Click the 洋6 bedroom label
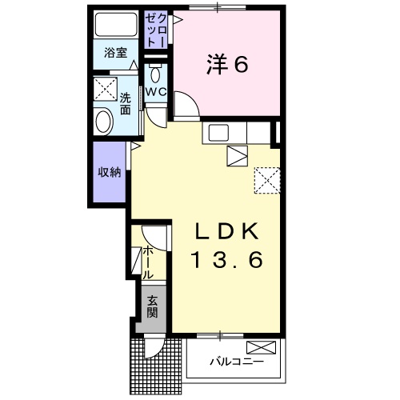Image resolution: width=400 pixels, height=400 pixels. click(227, 64)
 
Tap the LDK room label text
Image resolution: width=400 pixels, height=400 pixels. click(227, 231)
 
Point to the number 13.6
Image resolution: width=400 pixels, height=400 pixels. click(227, 260)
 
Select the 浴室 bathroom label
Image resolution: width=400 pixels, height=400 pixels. click(115, 53)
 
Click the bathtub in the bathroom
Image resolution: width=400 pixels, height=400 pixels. click(116, 24)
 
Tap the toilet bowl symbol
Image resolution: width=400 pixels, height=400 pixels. click(155, 74)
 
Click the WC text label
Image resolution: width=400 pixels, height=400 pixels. click(156, 92)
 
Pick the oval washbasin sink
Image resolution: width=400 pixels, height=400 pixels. click(103, 122)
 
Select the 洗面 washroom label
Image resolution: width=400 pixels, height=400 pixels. click(125, 104)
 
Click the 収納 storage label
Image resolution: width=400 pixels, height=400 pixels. click(110, 172)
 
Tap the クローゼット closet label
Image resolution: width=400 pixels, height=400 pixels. click(157, 30)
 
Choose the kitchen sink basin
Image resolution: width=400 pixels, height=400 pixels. click(218, 133)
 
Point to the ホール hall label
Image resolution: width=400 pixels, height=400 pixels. click(148, 262)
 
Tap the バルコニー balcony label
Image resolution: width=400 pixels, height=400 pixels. click(237, 362)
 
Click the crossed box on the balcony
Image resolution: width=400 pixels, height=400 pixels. click(261, 348)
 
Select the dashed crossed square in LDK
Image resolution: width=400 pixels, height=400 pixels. click(267, 180)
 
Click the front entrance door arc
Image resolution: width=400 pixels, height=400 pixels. click(157, 352)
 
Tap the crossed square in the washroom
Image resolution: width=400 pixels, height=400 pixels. click(106, 89)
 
